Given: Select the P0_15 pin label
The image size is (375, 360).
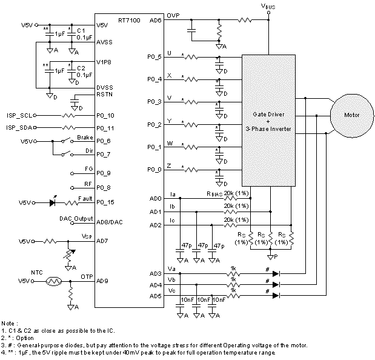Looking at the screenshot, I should click(x=107, y=202).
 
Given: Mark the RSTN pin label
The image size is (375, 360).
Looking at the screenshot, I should click(x=105, y=94).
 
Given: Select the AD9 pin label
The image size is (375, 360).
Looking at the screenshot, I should click(x=102, y=281).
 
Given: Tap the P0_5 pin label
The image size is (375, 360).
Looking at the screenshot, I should click(x=154, y=57).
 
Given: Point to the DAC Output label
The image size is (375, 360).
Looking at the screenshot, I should click(x=76, y=218).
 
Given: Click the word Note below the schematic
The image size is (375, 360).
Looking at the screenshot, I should click(x=8, y=323).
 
